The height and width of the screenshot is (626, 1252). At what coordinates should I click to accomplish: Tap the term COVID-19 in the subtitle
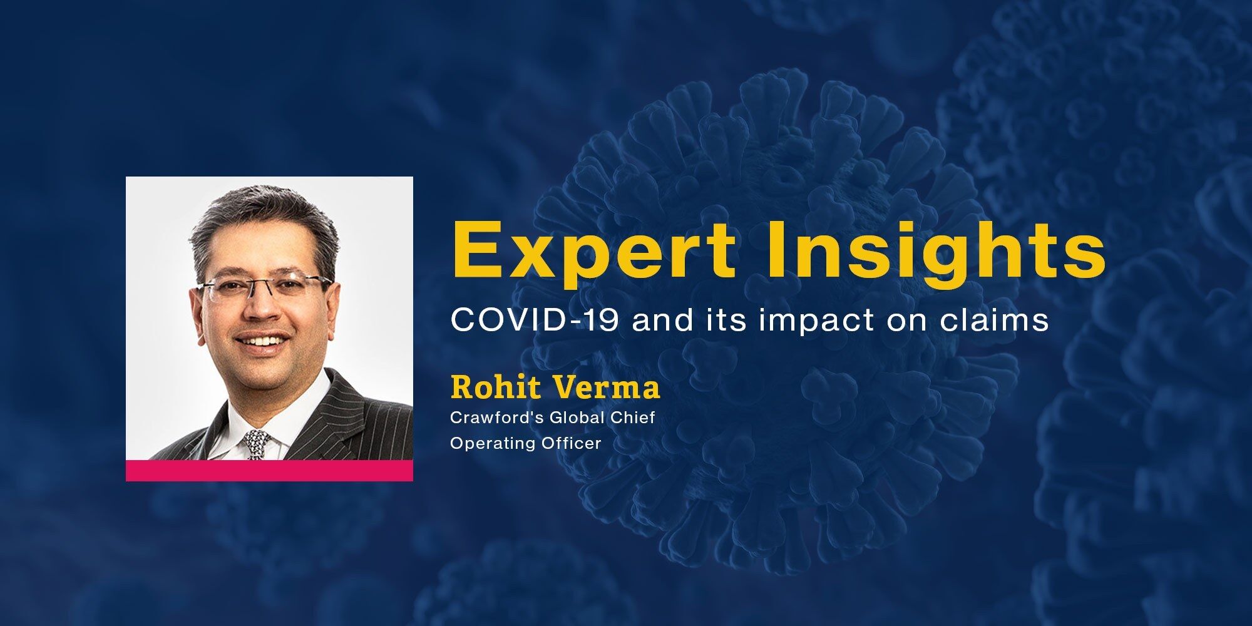535,321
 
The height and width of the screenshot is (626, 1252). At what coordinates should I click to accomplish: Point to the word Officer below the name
574,443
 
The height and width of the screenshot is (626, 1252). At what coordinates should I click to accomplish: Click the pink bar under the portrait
269,471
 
